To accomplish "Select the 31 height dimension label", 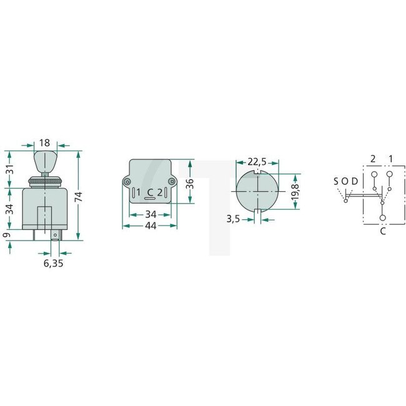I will (9, 168).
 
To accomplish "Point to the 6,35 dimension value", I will (53, 264).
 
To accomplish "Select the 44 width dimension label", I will (150, 227).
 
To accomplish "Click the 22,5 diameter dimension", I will (256, 162).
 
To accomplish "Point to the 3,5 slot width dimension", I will (235, 219).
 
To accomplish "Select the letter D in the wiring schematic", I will (355, 181).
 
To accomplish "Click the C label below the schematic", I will (382, 230).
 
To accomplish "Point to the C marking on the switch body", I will (149, 191).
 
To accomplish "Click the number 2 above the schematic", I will (373, 159).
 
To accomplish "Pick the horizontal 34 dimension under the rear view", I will (150, 214).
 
